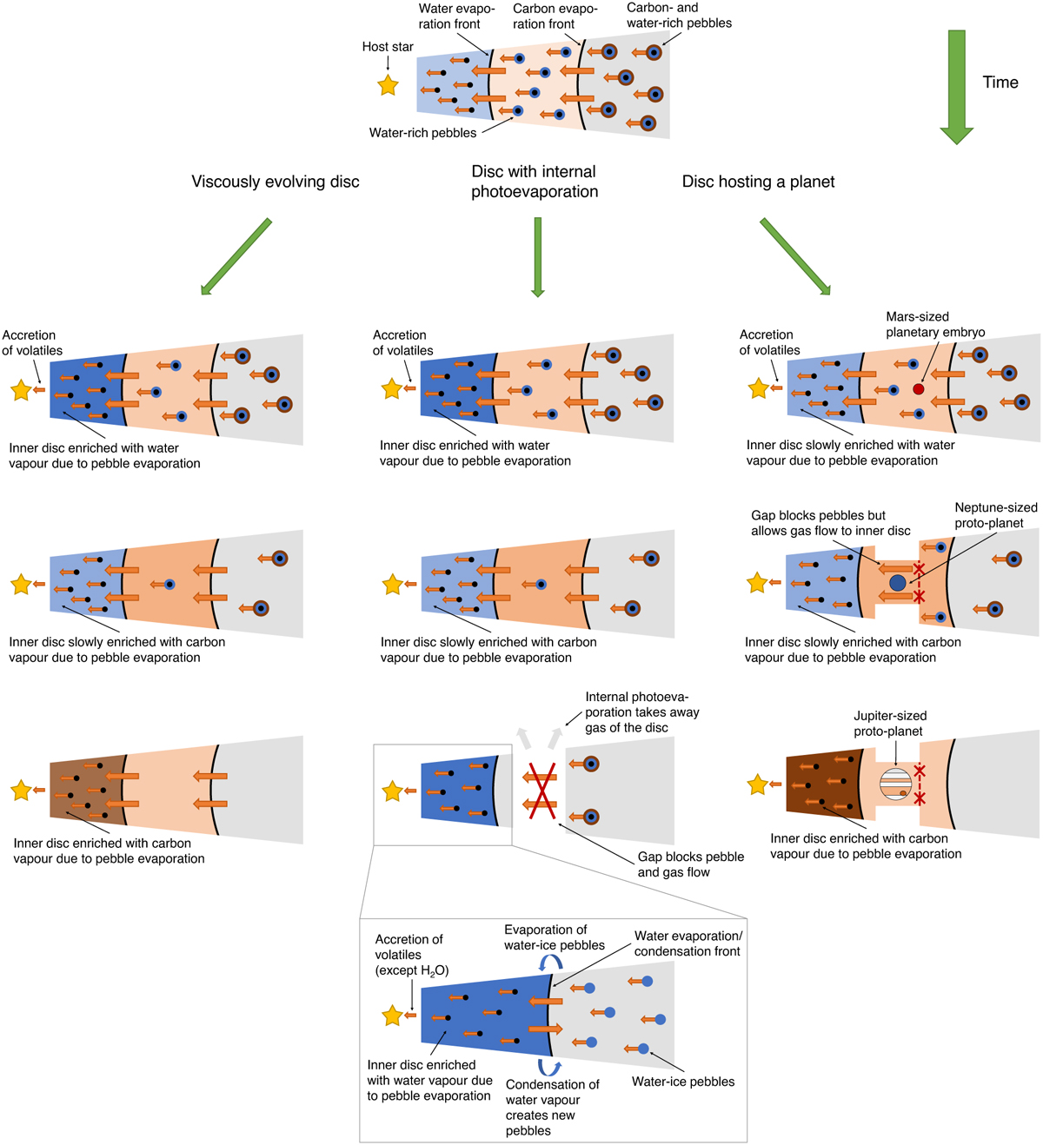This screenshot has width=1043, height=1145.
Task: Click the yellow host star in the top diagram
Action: pyautogui.click(x=388, y=85)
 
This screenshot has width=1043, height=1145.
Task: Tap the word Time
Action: pyautogui.click(x=1000, y=83)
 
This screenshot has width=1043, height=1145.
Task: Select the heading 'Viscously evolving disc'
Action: pyautogui.click(x=276, y=182)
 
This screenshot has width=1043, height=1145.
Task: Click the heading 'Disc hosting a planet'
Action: pyautogui.click(x=758, y=182)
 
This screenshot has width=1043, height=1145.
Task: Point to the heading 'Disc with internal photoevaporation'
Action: pyautogui.click(x=535, y=182)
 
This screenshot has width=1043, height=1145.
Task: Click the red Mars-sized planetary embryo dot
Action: pyautogui.click(x=918, y=389)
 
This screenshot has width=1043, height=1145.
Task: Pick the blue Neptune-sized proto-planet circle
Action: pyautogui.click(x=898, y=583)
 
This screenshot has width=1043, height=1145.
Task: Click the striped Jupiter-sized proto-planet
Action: pyautogui.click(x=896, y=784)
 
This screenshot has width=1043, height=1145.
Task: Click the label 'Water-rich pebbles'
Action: pyautogui.click(x=422, y=133)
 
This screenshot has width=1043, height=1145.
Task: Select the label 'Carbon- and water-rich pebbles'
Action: pyautogui.click(x=679, y=16)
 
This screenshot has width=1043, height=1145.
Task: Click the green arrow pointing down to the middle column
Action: pyautogui.click(x=538, y=257)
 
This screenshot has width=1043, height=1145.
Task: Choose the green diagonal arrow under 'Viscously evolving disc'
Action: pyautogui.click(x=236, y=257)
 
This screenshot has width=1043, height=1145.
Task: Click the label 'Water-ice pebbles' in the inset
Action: pyautogui.click(x=683, y=1082)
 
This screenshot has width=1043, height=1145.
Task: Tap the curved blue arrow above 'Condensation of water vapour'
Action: pyautogui.click(x=548, y=1068)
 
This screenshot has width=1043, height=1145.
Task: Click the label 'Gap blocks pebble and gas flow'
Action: pyautogui.click(x=691, y=864)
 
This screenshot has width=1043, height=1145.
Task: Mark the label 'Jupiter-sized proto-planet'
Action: pyautogui.click(x=890, y=724)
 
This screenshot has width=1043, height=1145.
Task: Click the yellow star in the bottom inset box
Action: pyautogui.click(x=392, y=1015)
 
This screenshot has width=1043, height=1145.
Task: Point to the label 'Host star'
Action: pyautogui.click(x=388, y=47)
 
